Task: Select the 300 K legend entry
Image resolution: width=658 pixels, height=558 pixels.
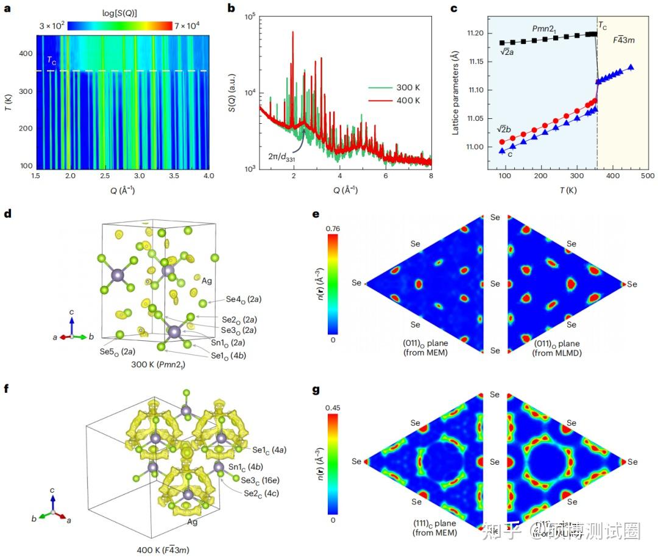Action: coord(399,87)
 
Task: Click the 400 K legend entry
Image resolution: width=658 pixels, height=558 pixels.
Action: coord(399,100)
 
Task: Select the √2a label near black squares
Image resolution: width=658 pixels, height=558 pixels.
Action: coord(507,52)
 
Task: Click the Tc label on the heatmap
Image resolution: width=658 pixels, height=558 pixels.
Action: coord(53,61)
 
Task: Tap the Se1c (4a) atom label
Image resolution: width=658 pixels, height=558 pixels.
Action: coord(270,450)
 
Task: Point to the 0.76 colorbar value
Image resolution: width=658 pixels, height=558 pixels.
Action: coord(333,229)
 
